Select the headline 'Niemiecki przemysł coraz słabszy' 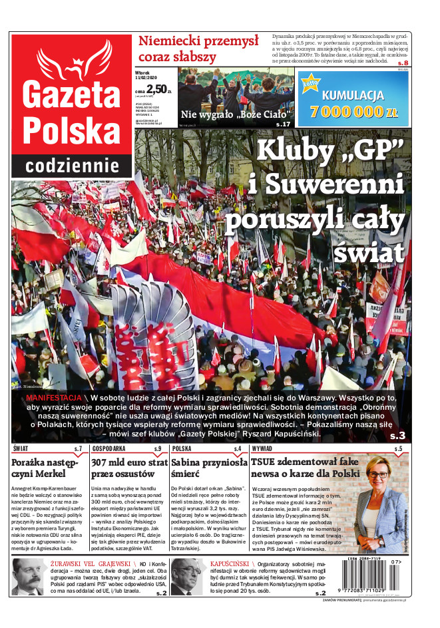click(198, 49)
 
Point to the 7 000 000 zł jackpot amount click(353, 111)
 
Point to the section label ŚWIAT click(20, 449)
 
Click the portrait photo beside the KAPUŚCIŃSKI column click(186, 575)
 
